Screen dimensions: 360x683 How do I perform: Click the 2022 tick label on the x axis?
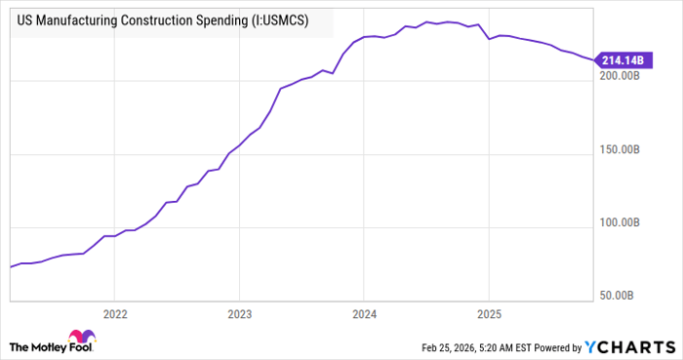[114, 315]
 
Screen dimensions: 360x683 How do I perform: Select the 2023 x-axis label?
[239, 315]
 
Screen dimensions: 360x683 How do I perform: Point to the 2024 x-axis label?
[364, 315]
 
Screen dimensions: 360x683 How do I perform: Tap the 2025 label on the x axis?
[488, 315]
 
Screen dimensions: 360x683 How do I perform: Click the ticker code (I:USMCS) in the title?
[280, 21]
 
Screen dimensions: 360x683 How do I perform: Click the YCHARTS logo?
[628, 346]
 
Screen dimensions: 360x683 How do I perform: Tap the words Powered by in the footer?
[555, 347]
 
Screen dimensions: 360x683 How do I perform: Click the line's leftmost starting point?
[10, 266]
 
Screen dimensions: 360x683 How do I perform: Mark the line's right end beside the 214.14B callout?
[593, 60]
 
